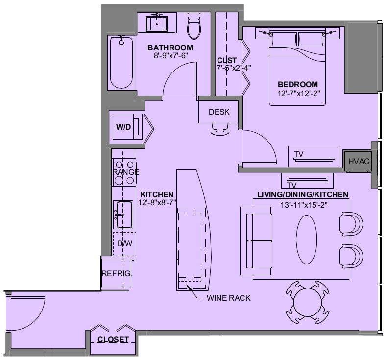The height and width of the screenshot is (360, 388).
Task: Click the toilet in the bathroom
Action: click(x=194, y=26)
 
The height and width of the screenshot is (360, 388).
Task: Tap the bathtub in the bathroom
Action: click(x=121, y=62)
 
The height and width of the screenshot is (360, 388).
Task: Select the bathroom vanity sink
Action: click(x=156, y=24)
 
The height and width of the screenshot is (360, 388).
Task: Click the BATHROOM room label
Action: click(x=170, y=48)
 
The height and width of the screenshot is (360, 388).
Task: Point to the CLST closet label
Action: click(x=227, y=60)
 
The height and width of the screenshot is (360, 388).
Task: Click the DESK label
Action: click(x=219, y=112)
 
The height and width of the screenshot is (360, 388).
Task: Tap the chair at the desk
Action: click(x=220, y=129)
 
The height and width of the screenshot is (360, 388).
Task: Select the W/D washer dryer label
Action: click(x=123, y=127)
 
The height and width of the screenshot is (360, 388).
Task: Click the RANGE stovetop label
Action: click(x=126, y=172)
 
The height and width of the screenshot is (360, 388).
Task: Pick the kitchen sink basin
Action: click(x=124, y=215)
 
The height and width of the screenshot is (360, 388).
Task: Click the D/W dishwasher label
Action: click(x=124, y=244)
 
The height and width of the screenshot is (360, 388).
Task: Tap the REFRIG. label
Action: click(x=117, y=273)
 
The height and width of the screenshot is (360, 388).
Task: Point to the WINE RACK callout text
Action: click(x=228, y=298)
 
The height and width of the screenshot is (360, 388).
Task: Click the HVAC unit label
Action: click(x=359, y=162)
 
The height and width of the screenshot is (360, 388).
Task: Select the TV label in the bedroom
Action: click(x=299, y=154)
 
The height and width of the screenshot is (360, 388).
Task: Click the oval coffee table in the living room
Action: click(x=306, y=240)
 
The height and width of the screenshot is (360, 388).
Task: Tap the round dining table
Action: click(x=307, y=302)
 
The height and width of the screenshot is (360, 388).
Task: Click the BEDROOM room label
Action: click(x=298, y=84)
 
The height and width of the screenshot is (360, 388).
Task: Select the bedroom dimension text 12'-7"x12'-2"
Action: click(x=299, y=93)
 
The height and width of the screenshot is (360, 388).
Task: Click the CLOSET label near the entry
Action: click(x=113, y=340)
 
